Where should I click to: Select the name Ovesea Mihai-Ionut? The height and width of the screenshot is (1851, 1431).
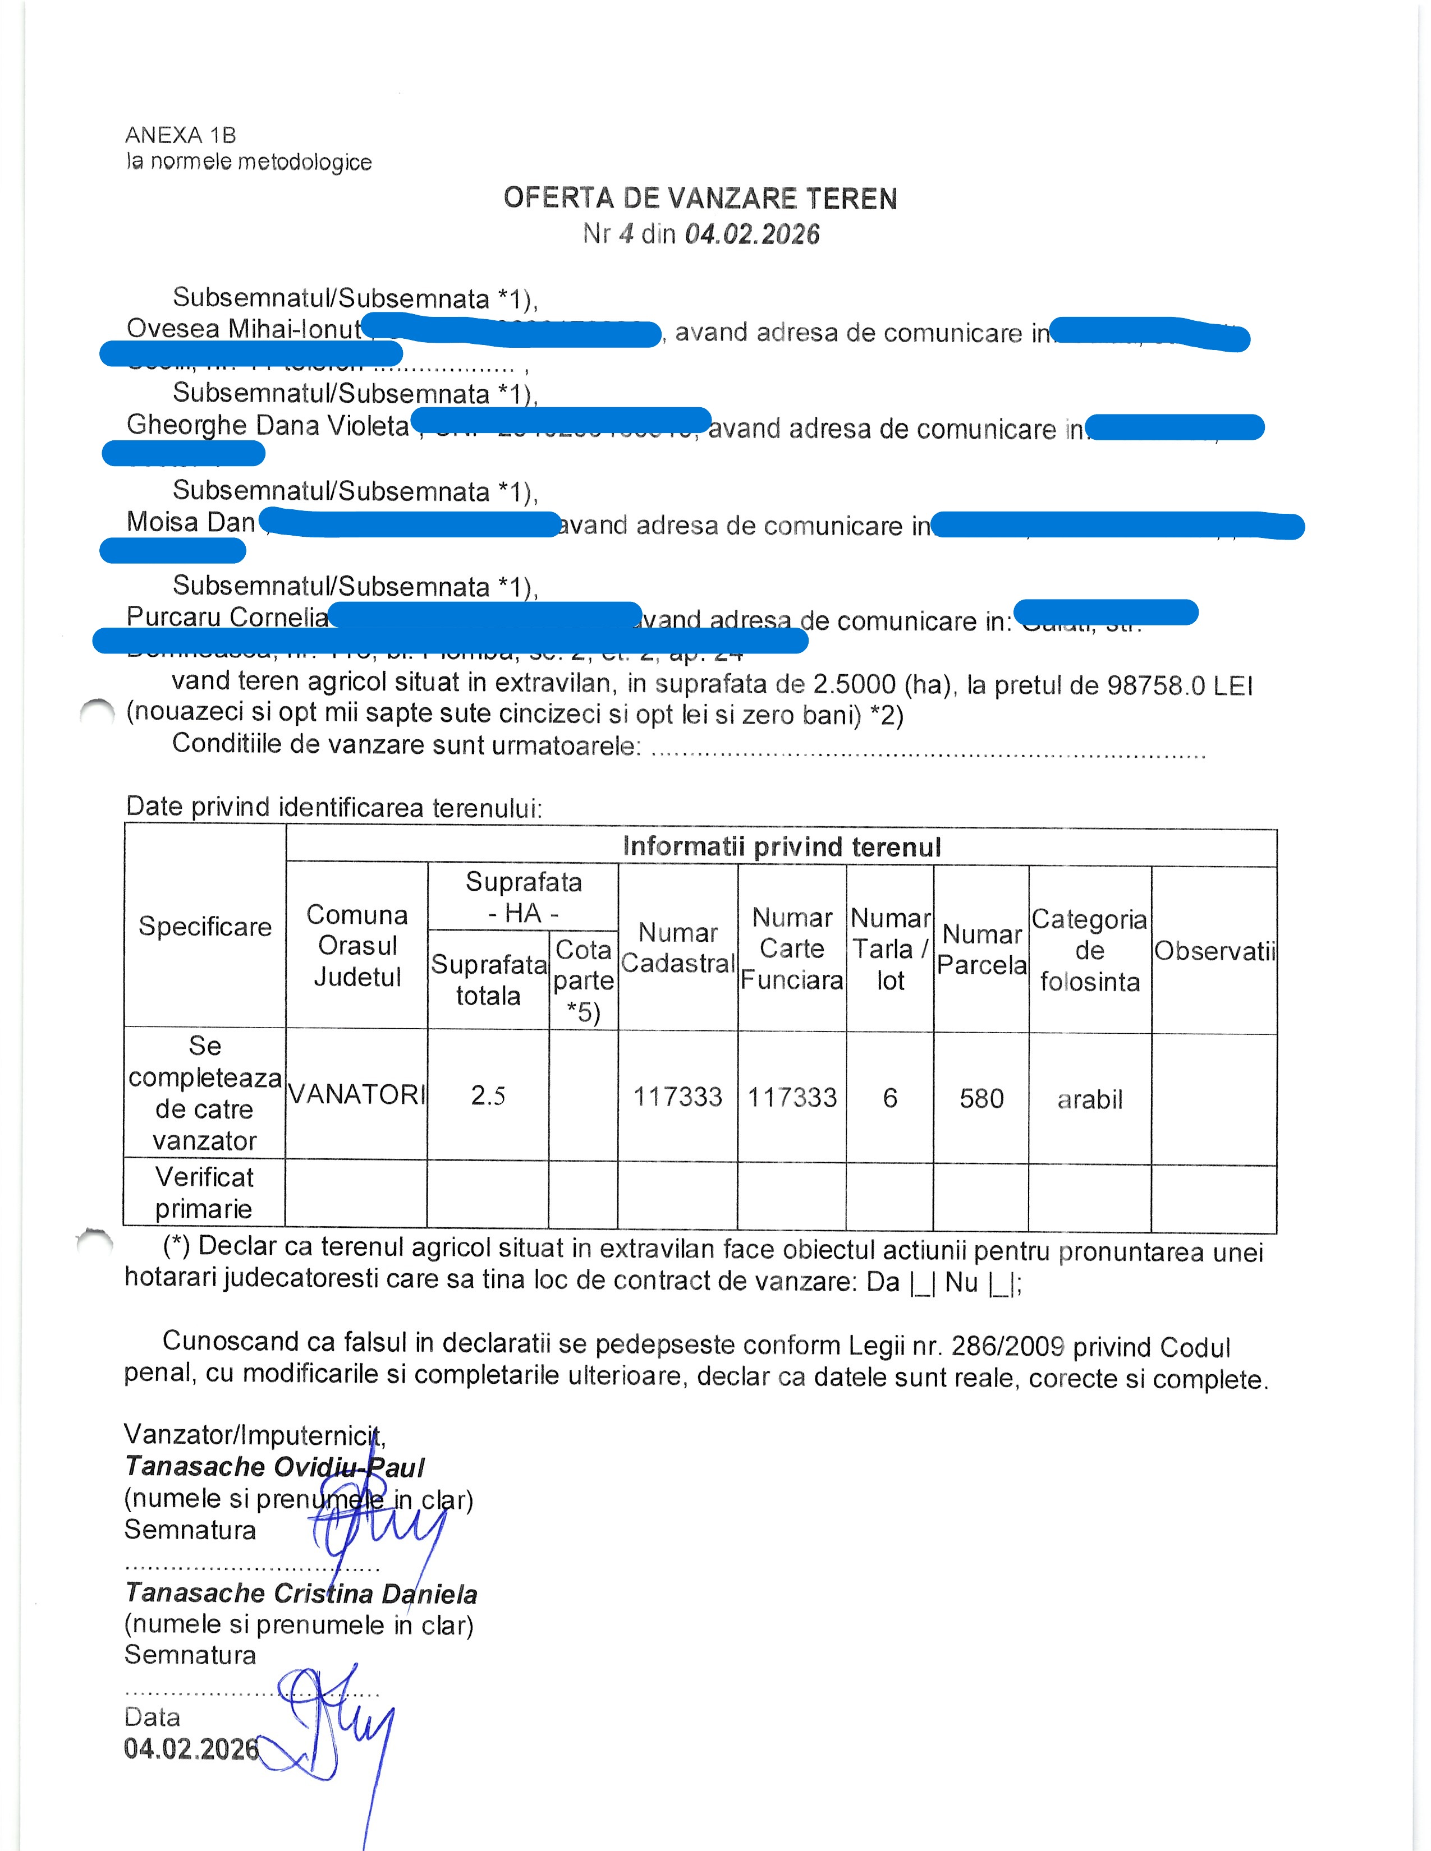(x=244, y=329)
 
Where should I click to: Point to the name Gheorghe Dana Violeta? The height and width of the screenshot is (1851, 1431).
(x=268, y=426)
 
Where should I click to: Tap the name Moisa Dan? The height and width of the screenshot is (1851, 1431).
(x=191, y=522)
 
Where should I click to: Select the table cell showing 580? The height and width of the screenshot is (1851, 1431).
(x=981, y=1098)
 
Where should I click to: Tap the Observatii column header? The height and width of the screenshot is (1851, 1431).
(x=1214, y=951)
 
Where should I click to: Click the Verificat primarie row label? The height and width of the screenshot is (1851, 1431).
(x=204, y=1192)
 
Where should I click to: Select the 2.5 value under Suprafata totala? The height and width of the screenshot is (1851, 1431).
(x=488, y=1096)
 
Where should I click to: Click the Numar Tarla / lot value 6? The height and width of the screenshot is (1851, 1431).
(x=889, y=1098)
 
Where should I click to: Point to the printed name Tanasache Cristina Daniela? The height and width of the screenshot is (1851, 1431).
(x=301, y=1594)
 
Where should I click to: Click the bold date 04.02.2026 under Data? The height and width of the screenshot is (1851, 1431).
(x=191, y=1748)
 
